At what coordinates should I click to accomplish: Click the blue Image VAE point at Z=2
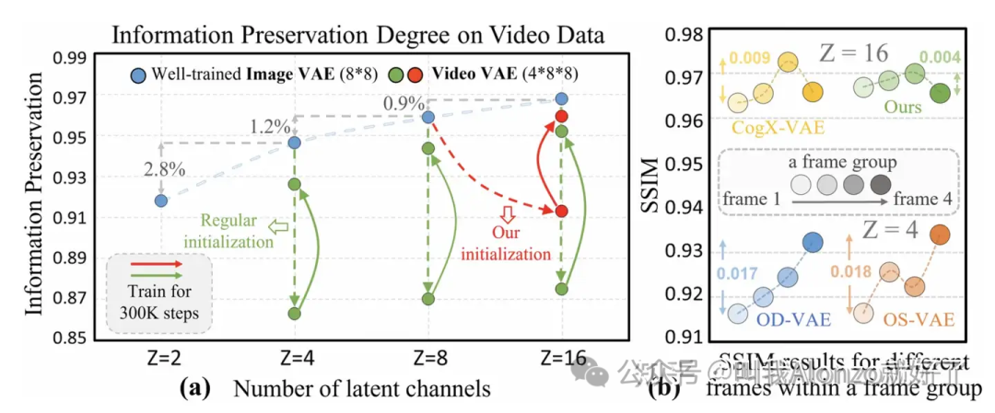coord(161,200)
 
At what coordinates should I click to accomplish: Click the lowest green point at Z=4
coord(295,313)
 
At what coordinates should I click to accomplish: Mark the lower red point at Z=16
coord(561,211)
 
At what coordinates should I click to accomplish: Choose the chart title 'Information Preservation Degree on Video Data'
coord(357,37)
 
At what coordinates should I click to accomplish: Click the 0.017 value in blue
coord(736,272)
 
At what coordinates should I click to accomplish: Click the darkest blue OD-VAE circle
coord(813,242)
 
